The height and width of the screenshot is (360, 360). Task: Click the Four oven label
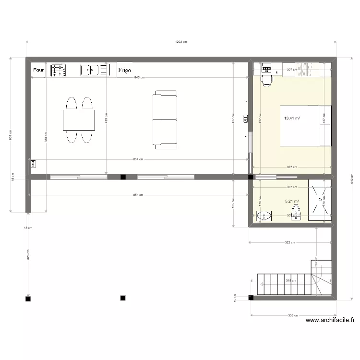coord(38,70)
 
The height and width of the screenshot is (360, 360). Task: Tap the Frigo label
coord(124,70)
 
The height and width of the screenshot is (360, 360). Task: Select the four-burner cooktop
coord(58,70)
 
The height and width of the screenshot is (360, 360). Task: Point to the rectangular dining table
coord(79,120)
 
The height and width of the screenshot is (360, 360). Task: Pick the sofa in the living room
coord(165,119)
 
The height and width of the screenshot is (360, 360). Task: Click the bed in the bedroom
coord(302,125)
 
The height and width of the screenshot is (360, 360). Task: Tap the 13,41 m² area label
coord(292,118)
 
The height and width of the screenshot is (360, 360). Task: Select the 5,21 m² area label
coord(292,202)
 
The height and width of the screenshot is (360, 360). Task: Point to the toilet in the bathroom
coord(296,211)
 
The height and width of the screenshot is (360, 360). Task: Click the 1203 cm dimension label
coord(180,42)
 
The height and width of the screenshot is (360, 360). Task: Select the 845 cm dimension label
coord(139,77)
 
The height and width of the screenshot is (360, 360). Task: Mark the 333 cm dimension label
coord(293,316)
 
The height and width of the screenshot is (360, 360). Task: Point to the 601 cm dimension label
coord(11,136)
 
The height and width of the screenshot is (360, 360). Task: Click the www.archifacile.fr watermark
coord(330,321)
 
